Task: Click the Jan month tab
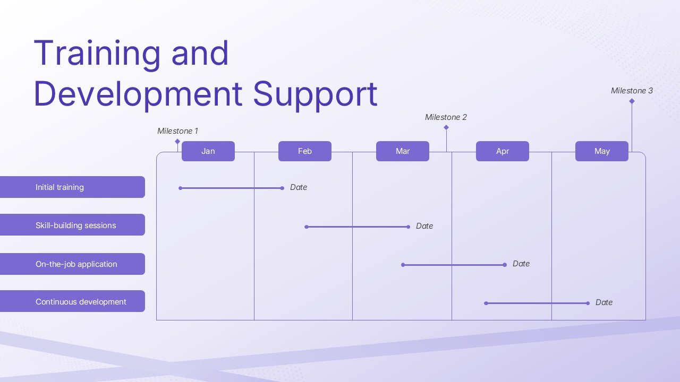(208, 151)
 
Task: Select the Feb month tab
(305, 151)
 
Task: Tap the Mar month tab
(403, 151)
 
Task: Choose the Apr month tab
(503, 151)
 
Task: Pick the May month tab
(602, 151)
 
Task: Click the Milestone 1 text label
(177, 131)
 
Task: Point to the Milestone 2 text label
(446, 117)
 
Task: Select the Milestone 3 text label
(632, 91)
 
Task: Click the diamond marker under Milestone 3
(632, 101)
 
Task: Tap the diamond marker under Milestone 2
(446, 127)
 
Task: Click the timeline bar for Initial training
(231, 188)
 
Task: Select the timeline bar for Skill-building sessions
(357, 227)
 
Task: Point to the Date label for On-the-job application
(521, 264)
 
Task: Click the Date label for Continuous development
(603, 302)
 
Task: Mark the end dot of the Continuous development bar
(588, 303)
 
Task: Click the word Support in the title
(314, 94)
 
